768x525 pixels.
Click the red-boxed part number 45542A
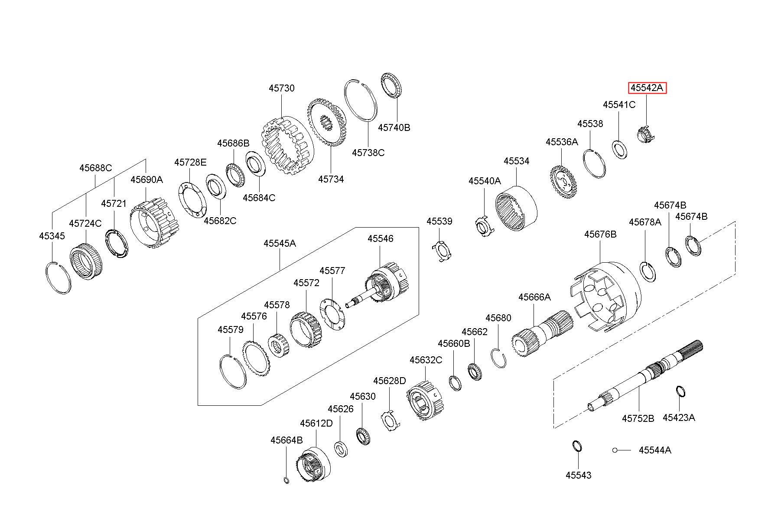point(647,88)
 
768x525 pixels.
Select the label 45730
point(281,88)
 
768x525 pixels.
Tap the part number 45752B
point(638,418)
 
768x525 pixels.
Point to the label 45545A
point(280,243)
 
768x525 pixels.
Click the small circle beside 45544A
point(615,450)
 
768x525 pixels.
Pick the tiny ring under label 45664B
point(286,480)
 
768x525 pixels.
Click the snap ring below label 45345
point(58,278)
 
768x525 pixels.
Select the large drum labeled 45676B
point(605,296)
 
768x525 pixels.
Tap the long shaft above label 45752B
point(644,375)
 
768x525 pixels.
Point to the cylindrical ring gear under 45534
point(516,208)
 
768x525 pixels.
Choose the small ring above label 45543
point(577,446)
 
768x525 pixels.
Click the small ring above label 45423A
point(680,391)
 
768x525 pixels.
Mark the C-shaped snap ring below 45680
point(499,358)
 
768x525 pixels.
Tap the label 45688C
point(95,168)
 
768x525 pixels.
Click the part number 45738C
point(368,153)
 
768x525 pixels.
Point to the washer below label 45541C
point(619,149)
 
